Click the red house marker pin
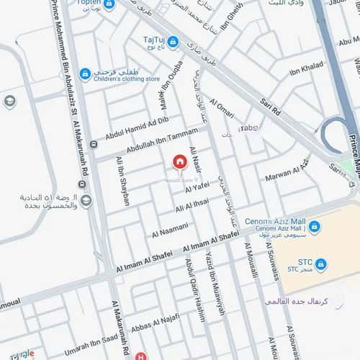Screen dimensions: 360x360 pyautogui.click(x=179, y=162)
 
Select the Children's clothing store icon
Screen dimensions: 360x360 pyautogui.click(x=85, y=73)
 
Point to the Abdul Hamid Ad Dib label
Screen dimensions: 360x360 pyautogui.click(x=137, y=128)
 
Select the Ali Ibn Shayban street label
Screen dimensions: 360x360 pyautogui.click(x=122, y=181)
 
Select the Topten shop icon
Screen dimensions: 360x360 pyautogui.click(x=109, y=4)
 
